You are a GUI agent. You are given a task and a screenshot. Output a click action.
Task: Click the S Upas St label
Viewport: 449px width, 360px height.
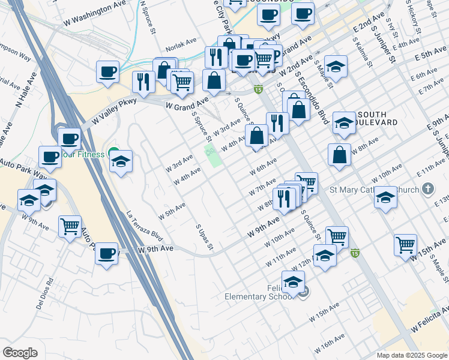click(205, 236)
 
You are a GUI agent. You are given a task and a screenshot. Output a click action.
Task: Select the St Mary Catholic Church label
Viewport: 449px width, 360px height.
click(374, 191)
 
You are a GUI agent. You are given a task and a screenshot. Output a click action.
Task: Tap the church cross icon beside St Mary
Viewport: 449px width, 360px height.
click(427, 190)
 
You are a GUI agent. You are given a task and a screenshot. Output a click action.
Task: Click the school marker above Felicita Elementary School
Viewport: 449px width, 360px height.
click(294, 282)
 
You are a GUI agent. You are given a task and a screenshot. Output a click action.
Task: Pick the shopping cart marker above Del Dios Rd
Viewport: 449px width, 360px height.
click(70, 227)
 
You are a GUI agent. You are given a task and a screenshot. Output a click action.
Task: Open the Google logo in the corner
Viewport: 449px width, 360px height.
click(20, 352)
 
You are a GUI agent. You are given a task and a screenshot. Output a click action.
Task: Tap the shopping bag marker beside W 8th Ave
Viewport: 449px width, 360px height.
click(340, 155)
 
